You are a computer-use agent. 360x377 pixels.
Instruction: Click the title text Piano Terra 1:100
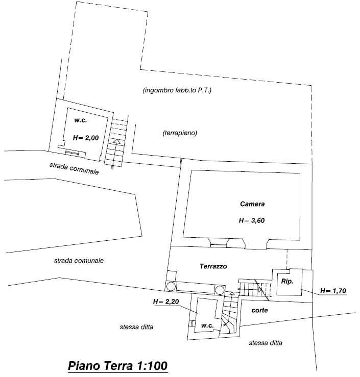click(117, 366)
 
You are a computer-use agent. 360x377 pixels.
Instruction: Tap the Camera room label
click(252, 204)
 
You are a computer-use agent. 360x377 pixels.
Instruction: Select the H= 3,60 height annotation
click(252, 220)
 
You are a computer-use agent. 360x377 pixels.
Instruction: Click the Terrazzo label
click(213, 266)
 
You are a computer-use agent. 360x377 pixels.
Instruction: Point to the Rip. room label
click(287, 281)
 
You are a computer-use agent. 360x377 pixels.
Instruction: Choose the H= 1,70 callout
click(333, 291)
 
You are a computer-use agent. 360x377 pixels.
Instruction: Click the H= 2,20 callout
click(166, 301)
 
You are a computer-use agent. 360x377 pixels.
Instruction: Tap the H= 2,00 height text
click(86, 138)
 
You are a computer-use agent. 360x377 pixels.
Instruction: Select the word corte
click(259, 310)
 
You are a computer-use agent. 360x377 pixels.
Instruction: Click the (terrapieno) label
click(180, 133)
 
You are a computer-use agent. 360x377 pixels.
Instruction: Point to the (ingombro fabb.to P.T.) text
click(177, 90)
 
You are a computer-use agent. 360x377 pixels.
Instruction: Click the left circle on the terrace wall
click(171, 286)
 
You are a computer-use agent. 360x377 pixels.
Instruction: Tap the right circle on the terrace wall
click(220, 290)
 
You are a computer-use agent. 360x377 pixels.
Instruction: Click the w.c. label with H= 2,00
click(80, 120)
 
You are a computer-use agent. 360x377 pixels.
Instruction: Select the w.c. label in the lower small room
click(207, 325)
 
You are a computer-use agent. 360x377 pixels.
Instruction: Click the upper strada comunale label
click(74, 168)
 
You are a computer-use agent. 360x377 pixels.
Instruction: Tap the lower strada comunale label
click(79, 260)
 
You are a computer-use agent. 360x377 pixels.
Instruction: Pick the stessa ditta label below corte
click(266, 343)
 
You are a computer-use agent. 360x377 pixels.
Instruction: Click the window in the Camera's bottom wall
click(219, 245)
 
